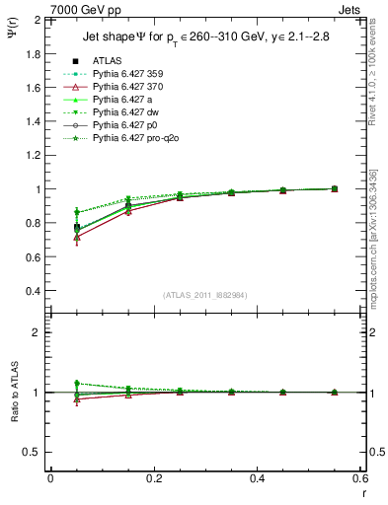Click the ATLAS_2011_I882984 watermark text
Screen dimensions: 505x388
tap(205, 295)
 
